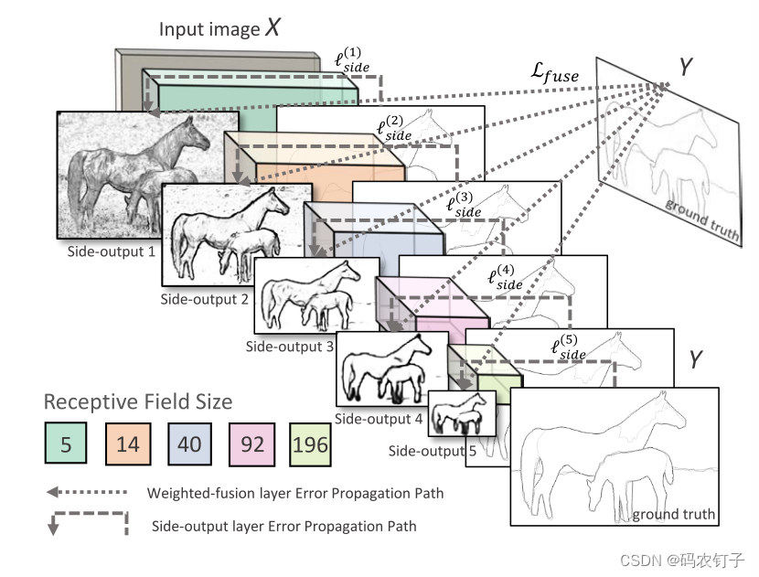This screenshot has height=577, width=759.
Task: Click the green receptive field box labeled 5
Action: tap(66, 444)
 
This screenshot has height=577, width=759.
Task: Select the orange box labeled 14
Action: tap(128, 444)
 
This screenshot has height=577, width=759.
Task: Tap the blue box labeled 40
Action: tap(189, 444)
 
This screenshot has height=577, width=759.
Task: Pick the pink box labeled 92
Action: tap(251, 444)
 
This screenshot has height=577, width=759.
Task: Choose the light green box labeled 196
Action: tap(310, 444)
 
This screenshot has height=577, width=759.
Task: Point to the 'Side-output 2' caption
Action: tap(203, 298)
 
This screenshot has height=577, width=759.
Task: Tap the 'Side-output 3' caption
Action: tap(289, 347)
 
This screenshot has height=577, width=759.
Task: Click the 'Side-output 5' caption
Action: tap(432, 451)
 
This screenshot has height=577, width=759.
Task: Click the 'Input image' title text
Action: tap(209, 29)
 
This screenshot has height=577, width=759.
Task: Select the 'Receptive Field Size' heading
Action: tap(138, 401)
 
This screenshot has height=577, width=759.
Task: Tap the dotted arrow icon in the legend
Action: tap(87, 493)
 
